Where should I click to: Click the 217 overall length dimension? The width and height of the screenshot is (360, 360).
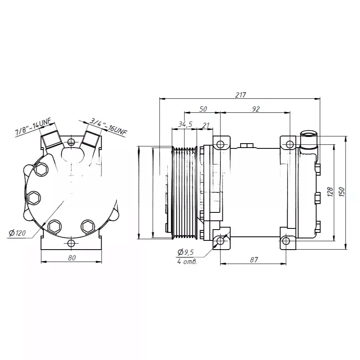pos(240,95)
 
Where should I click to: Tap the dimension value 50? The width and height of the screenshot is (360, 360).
pos(203,109)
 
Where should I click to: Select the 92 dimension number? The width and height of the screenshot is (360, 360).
pos(256,109)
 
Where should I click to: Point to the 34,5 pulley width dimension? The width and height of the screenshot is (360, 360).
pos(185,124)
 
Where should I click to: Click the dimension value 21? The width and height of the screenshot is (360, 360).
pos(206,125)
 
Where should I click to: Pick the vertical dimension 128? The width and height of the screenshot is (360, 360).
pos(330,192)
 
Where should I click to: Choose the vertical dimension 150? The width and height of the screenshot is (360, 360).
pos(342,192)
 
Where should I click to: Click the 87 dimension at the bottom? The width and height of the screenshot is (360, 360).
pos(254,260)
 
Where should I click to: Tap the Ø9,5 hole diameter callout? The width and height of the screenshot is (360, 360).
pos(186,252)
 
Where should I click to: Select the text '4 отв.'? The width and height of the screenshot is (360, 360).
pos(187,262)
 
